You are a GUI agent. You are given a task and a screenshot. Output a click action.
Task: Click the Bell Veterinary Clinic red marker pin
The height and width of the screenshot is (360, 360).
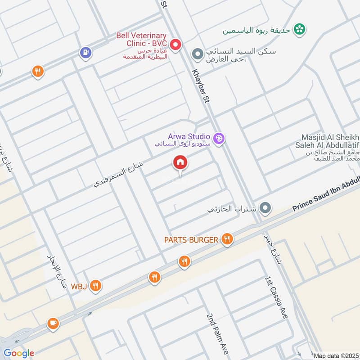point(175,45)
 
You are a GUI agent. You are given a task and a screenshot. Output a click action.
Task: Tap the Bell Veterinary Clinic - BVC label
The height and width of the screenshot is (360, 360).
point(141,39)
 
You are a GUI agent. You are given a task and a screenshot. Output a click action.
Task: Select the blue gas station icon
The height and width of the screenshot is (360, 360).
point(85,53)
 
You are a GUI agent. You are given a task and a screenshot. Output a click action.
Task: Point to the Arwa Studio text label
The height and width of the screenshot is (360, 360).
point(189,136)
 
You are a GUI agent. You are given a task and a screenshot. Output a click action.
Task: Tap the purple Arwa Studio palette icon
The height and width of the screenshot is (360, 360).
point(219,139)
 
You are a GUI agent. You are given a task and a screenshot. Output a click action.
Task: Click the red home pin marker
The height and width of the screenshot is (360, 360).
point(180,163)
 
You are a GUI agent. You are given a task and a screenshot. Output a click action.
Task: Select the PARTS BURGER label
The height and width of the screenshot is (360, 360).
point(191,240)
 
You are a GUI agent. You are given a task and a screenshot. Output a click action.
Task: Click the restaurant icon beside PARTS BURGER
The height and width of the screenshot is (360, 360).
point(227,239)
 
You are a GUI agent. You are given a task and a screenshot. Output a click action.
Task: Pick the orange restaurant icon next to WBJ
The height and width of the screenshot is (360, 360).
point(95,285)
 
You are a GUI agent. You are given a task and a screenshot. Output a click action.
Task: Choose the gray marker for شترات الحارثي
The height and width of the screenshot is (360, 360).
point(265,208)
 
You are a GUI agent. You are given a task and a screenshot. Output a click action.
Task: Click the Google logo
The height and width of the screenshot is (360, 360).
point(19,353)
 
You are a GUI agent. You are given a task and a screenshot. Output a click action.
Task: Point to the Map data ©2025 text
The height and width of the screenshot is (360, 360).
point(335,355)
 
